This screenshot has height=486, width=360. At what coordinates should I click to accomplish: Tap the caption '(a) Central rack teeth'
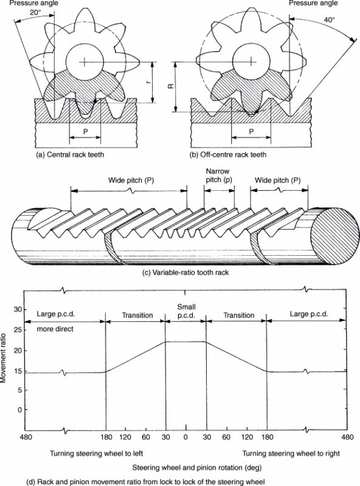pos(70,154)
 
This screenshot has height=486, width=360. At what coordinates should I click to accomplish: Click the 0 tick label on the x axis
pos(185,437)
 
